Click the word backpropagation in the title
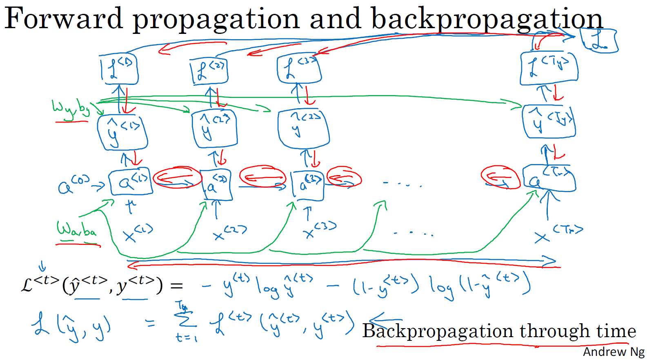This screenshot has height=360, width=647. click(487, 20)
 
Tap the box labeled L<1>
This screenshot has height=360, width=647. click(120, 69)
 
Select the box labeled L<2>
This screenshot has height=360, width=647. click(209, 71)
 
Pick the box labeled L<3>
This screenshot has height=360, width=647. click(299, 68)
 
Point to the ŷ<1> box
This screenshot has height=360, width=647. click(122, 132)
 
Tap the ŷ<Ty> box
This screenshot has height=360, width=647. click(549, 121)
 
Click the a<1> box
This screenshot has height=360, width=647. click(131, 182)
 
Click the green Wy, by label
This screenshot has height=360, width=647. click(71, 109)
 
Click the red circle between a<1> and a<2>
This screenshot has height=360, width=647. click(177, 178)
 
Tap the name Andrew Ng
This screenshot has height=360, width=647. click(614, 352)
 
